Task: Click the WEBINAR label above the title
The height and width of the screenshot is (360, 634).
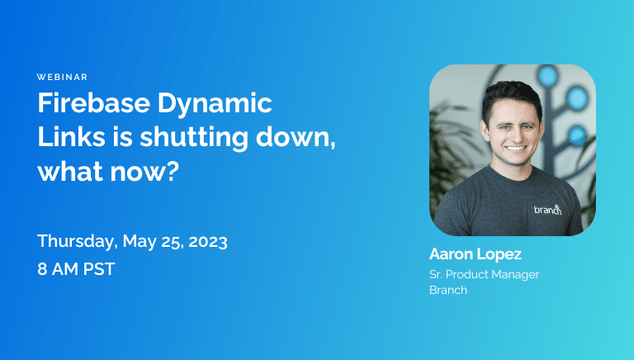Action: [x=62, y=77]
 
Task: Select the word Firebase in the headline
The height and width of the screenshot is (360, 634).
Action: [x=94, y=102]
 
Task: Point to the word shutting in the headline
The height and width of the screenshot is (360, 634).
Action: [x=194, y=139]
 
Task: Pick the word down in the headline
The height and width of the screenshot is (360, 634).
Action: [x=294, y=137]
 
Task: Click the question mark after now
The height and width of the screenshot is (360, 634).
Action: [x=172, y=171]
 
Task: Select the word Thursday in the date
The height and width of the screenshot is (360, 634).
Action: [x=76, y=241]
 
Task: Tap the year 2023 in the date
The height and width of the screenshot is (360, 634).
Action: [x=208, y=242]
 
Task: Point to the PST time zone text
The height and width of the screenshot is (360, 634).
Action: [x=99, y=269]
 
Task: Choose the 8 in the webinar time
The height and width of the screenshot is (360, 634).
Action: [x=42, y=269]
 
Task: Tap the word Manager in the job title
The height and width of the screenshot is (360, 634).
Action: [x=515, y=275]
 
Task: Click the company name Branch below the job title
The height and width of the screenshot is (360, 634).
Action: [x=448, y=290]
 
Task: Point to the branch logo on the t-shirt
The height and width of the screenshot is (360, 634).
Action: [x=548, y=209]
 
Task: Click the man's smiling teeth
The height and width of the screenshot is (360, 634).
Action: [x=515, y=149]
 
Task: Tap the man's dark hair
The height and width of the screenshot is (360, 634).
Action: [x=511, y=97]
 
